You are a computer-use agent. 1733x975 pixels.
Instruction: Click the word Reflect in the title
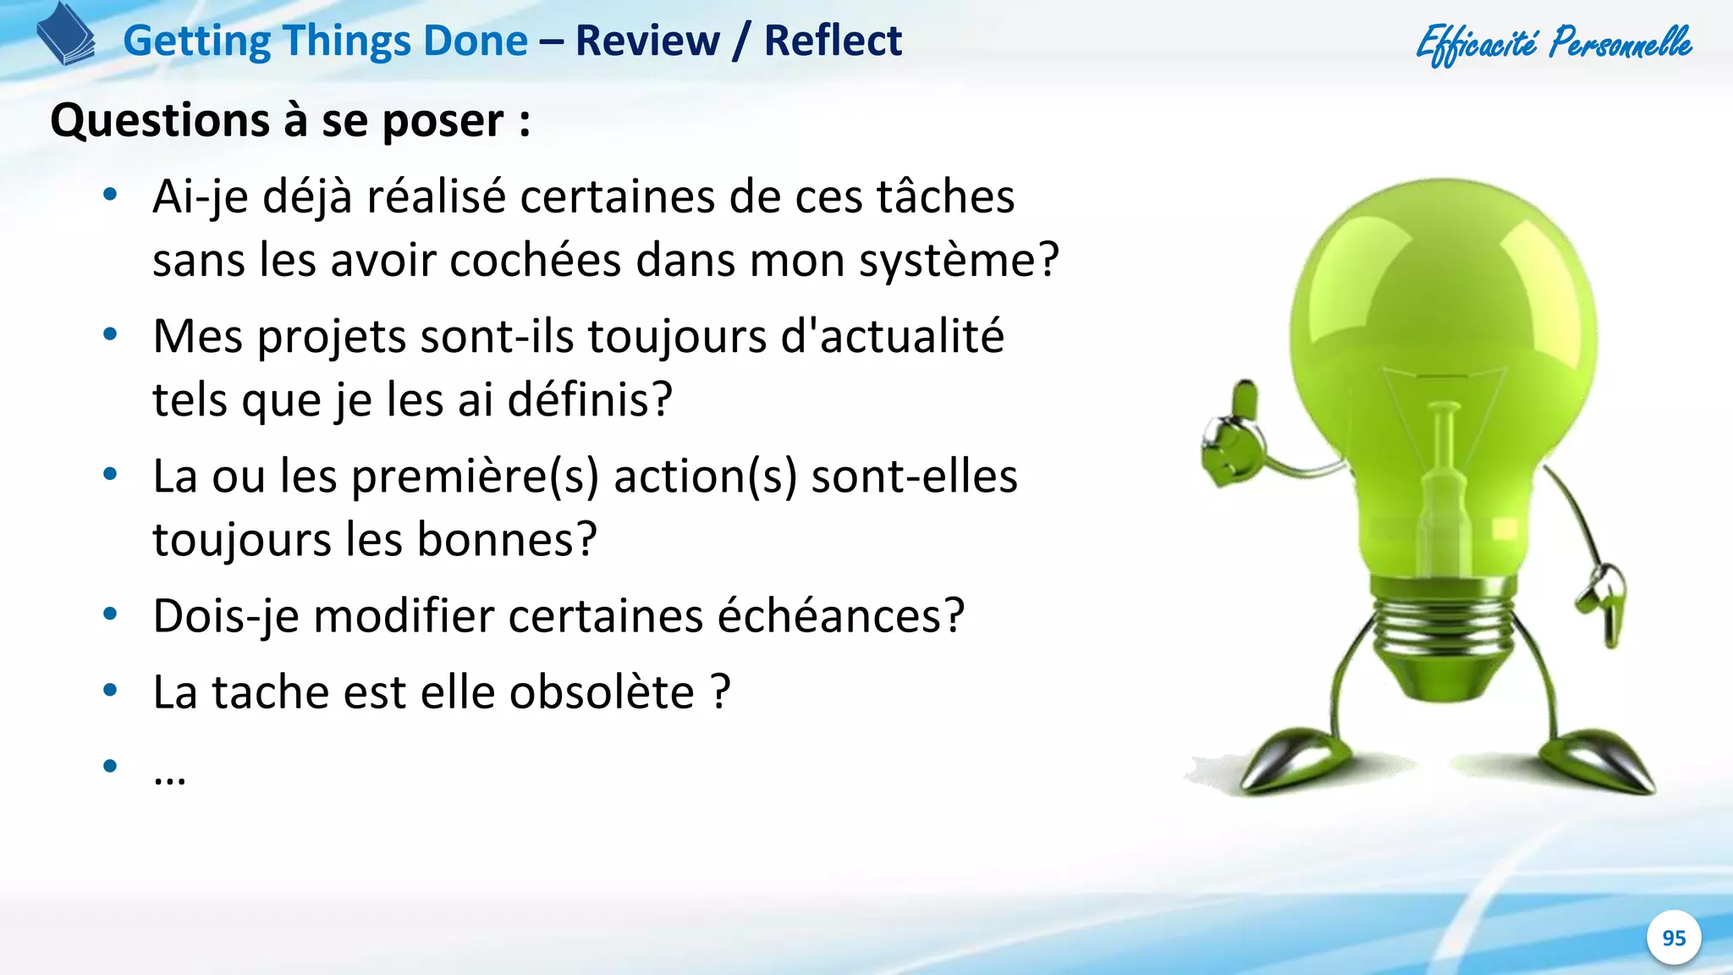[833, 41]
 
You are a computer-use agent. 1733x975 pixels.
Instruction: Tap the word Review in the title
[647, 41]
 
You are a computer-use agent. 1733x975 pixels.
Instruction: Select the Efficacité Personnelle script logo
[1554, 43]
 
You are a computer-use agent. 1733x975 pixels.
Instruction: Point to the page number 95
[1674, 938]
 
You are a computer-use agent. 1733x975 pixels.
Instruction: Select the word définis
[589, 399]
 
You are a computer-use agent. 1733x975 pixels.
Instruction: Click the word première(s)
[475, 476]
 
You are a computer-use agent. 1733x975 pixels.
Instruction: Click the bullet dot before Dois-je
[110, 614]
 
